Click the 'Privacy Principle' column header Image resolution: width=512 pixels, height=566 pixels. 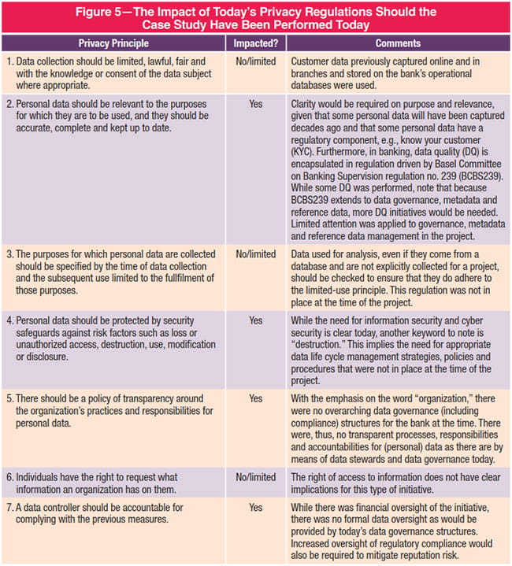115,43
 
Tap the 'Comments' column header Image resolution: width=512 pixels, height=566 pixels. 397,43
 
